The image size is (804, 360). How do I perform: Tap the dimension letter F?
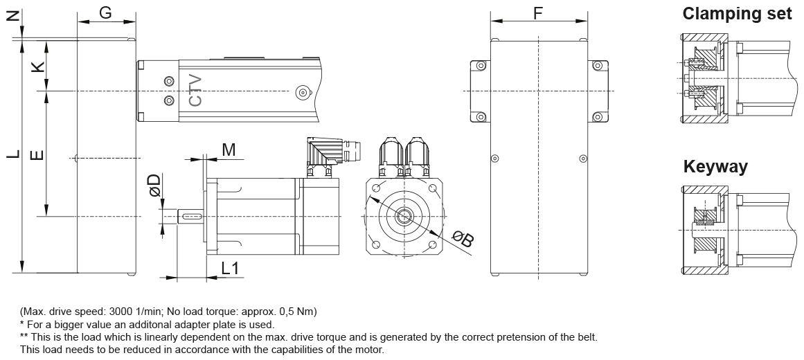538,12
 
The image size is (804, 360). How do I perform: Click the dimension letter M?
229,150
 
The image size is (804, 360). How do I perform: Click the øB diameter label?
462,239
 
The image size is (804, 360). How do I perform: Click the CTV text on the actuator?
196,91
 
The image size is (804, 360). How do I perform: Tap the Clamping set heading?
737,14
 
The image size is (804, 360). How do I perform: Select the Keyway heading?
715,167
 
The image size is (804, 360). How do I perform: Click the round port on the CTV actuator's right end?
301,93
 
